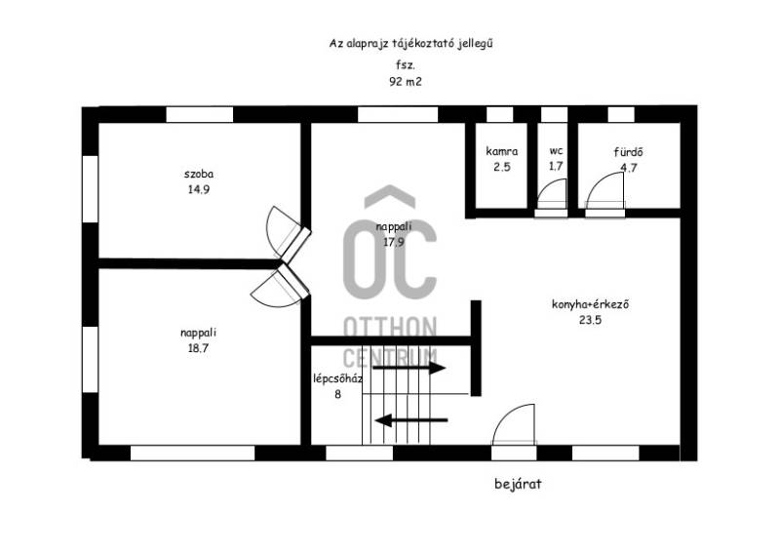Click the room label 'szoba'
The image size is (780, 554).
coord(199,174)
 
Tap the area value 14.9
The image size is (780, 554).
coord(199,189)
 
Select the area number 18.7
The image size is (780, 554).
coord(198,348)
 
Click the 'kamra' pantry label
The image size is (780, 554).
coord(501,151)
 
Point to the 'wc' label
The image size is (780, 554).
coord(556,150)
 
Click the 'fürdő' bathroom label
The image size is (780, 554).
coord(628,152)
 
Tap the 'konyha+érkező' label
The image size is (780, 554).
coord(591,303)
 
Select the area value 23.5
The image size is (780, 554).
coord(591,320)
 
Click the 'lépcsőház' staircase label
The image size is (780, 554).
coord(337,378)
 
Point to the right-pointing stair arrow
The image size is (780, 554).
coord(409,369)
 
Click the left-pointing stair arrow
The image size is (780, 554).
coord(411,420)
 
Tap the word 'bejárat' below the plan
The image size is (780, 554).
coord(518,484)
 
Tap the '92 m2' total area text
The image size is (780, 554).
coord(406,82)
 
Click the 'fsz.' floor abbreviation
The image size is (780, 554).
coord(406,64)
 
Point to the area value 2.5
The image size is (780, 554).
coord(502,167)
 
